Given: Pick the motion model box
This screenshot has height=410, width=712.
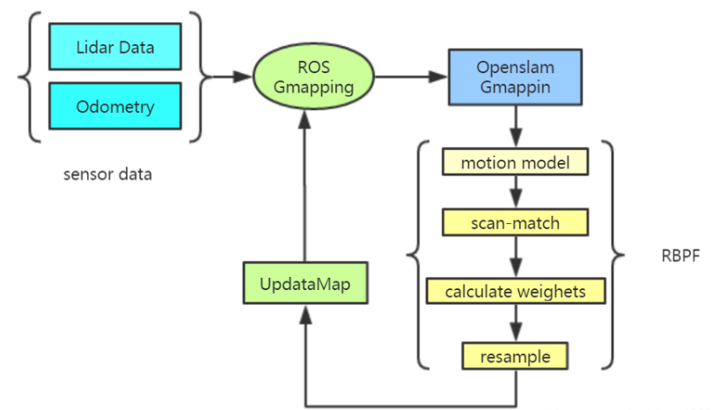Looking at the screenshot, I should click(515, 162).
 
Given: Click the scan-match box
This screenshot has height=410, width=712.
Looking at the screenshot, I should click(515, 223).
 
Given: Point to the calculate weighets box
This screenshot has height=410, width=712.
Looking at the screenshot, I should click(515, 291).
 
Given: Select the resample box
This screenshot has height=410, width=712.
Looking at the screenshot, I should click(515, 356).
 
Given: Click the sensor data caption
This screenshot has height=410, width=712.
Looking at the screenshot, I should click(107, 174).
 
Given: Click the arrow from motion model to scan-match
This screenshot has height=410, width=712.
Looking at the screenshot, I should click(515, 192).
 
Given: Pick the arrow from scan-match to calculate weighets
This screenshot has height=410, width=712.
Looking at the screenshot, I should click(515, 257).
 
